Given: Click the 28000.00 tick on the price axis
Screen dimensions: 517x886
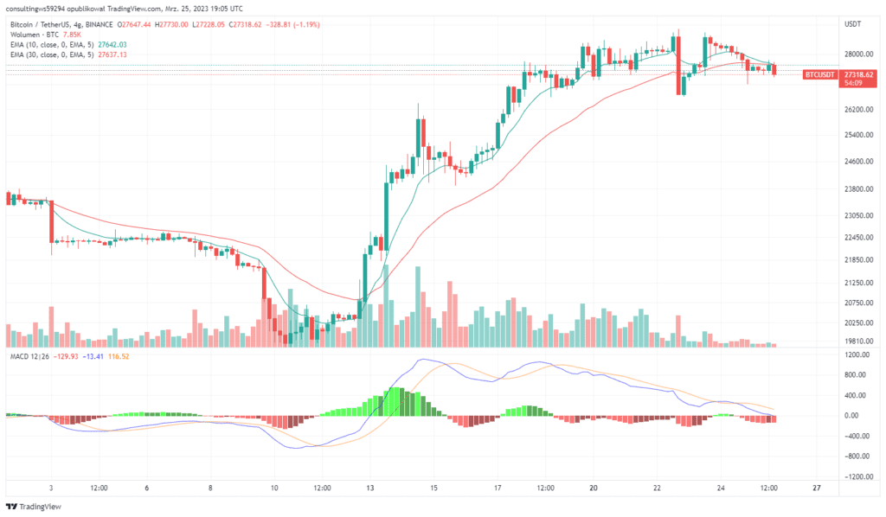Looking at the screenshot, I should coord(855,54).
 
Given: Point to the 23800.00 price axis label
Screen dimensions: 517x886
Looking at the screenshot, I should coord(855,188).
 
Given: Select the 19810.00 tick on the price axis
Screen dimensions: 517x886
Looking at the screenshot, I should coord(855,341).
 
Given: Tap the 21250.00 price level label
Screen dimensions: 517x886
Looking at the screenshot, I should coord(855,282).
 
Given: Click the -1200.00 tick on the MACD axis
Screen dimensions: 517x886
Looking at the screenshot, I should coord(856,476).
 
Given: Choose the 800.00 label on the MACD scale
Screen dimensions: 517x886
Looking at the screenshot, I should coord(856,375).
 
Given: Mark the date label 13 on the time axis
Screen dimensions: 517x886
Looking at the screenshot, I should coord(369,488).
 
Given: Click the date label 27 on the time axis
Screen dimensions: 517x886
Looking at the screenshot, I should coord(817,488).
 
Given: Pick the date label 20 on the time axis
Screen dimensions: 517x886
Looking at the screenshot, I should coord(594,488).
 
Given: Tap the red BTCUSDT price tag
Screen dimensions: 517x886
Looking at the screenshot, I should coord(819,75).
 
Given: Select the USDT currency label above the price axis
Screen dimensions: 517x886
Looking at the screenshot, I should coord(852,24).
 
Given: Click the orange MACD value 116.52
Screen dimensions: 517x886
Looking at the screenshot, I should coord(116,357).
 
